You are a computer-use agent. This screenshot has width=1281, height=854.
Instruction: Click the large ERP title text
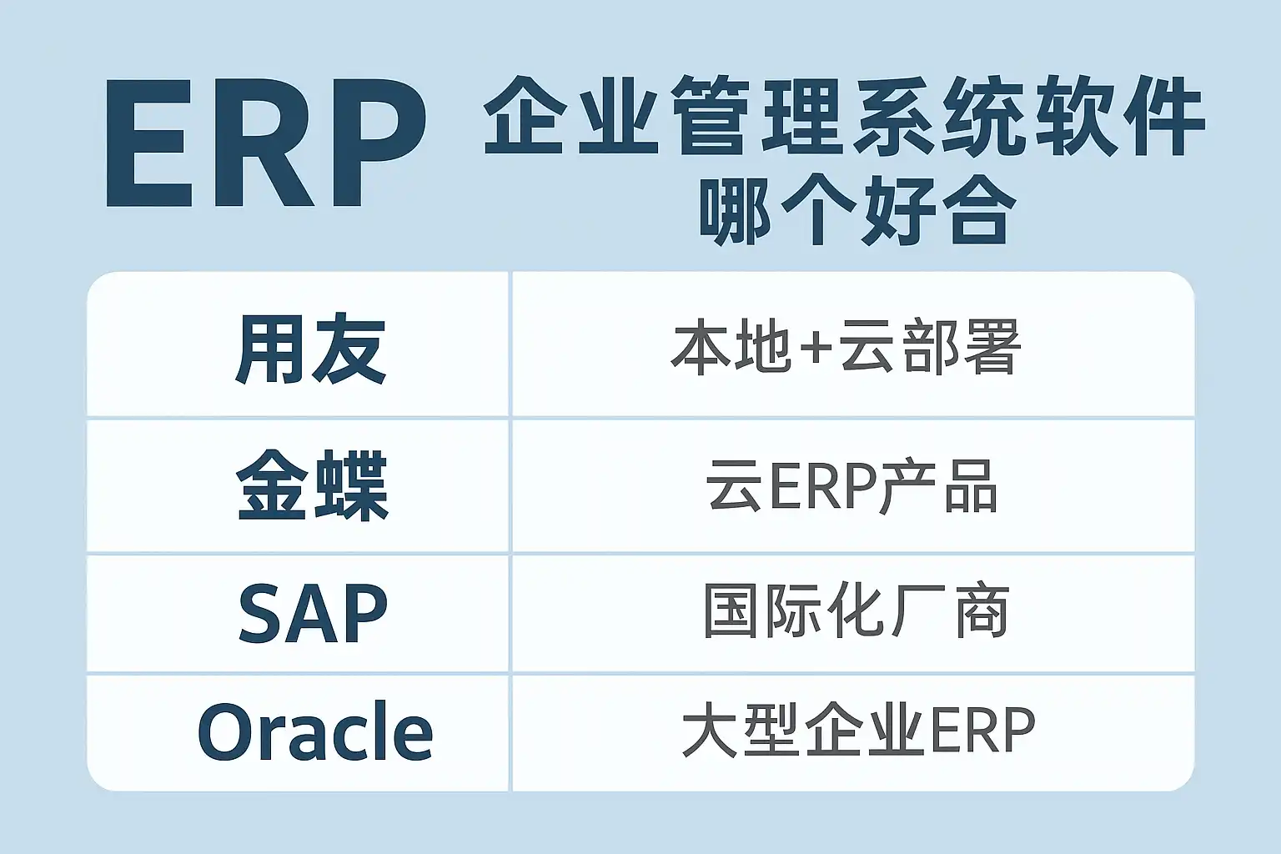coord(266,143)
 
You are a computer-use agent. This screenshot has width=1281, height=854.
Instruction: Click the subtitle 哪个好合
coord(857,211)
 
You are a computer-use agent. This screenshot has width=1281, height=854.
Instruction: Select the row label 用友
coord(310,349)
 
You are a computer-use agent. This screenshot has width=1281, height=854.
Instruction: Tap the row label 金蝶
coord(312,485)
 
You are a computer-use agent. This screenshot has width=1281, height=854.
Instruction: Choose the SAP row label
coord(313,613)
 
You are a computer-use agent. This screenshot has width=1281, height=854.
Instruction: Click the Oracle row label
coord(315,732)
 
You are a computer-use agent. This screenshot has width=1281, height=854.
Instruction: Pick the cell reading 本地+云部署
coord(845,347)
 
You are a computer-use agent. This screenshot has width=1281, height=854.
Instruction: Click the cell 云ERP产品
coord(851,487)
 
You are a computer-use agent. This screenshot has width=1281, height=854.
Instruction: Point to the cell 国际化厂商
coord(856,611)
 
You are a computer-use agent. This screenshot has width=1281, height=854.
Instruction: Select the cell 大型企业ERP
coord(858,731)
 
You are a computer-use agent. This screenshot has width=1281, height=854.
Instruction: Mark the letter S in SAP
coord(261,613)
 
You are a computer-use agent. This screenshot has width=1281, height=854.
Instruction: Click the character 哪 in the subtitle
coord(736,211)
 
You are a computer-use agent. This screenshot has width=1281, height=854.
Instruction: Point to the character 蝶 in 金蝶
coord(351,485)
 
